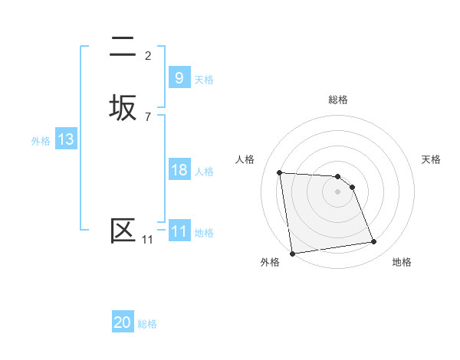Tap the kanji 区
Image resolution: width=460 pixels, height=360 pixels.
pyautogui.click(x=123, y=231)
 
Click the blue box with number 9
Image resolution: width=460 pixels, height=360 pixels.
pyautogui.click(x=179, y=78)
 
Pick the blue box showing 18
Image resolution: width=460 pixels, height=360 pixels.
pyautogui.click(x=179, y=170)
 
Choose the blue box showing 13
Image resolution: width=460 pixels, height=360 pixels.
pyautogui.click(x=65, y=140)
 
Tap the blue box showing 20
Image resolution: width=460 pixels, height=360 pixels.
pyautogui.click(x=123, y=323)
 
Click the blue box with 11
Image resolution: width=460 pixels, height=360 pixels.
pyautogui.click(x=179, y=231)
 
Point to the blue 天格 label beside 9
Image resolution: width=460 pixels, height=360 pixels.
pyautogui.click(x=204, y=79)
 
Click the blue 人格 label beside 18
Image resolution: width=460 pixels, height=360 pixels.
pyautogui.click(x=204, y=171)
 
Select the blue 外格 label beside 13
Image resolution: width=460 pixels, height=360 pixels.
pyautogui.click(x=41, y=141)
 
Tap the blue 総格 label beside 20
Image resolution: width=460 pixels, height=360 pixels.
pyautogui.click(x=147, y=324)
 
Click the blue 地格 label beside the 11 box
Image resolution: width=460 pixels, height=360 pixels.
pyautogui.click(x=204, y=232)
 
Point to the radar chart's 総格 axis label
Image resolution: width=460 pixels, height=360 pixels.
pyautogui.click(x=338, y=100)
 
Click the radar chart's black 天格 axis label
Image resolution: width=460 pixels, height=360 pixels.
pyautogui.click(x=432, y=159)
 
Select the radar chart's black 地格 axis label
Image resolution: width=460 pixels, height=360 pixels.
pyautogui.click(x=402, y=262)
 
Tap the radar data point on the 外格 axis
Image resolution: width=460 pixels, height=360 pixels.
pyautogui.click(x=292, y=253)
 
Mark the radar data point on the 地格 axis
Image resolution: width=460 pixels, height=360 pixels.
pyautogui.click(x=374, y=242)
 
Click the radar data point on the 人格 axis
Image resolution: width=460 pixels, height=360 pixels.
pyautogui.click(x=279, y=172)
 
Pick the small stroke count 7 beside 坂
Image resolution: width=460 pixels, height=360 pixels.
pyautogui.click(x=148, y=116)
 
